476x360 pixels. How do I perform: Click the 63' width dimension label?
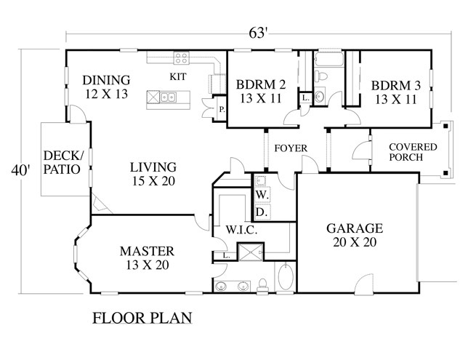258,33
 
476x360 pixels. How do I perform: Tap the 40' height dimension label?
20,170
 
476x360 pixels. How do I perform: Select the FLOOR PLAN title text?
142,318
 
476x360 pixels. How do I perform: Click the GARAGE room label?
355,228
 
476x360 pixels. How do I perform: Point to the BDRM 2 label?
261,84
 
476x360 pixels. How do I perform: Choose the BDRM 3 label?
396,86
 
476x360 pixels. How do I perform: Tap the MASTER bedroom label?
148,251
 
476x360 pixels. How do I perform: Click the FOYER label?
291,148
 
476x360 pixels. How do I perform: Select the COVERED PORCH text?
413,152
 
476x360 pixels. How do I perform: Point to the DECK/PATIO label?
63,162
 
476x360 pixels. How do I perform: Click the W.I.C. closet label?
242,230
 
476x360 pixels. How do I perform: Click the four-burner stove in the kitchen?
181,58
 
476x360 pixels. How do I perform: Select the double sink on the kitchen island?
168,97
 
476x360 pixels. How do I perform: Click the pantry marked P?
222,109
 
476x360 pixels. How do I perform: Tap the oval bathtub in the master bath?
286,276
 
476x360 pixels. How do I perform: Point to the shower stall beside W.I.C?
251,252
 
